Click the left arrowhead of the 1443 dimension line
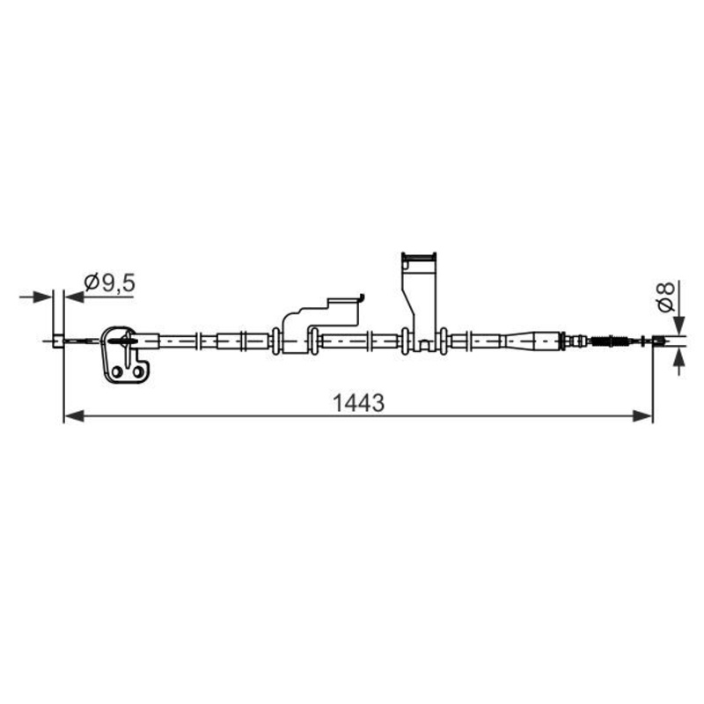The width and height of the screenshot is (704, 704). [72, 415]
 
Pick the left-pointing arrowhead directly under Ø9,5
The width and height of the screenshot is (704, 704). [74, 297]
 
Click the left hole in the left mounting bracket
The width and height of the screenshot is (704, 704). [116, 375]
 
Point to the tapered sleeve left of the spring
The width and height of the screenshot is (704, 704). [532, 341]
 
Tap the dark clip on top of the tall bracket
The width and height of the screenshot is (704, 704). [419, 259]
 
